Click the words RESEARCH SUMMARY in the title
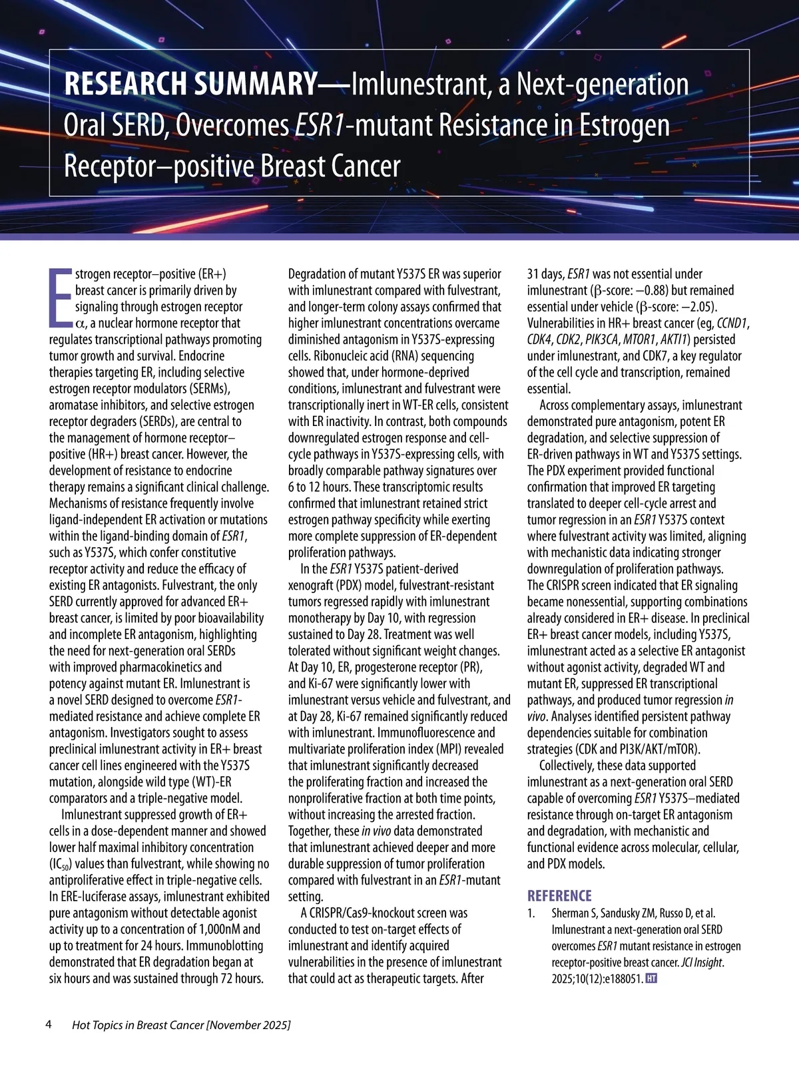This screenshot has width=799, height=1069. coord(190,85)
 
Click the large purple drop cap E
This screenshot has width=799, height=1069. coord(61,298)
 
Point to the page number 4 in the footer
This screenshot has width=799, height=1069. coord(48,1024)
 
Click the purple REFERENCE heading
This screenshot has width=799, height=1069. coord(559,896)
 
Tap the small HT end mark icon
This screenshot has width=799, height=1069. coord(652,978)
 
